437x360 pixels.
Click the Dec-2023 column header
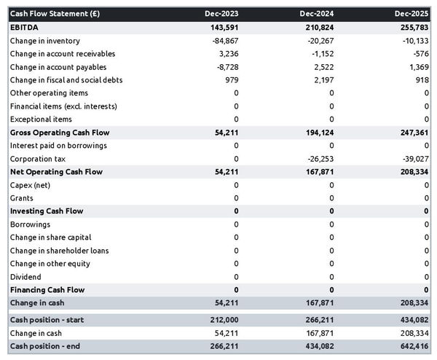pyautogui.click(x=222, y=14)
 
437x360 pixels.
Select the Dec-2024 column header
pyautogui.click(x=318, y=14)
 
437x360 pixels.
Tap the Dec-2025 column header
pyautogui.click(x=412, y=14)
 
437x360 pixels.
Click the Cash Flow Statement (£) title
pyautogui.click(x=54, y=14)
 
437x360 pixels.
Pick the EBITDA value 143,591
pyautogui.click(x=221, y=27)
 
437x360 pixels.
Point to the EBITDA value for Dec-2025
pyautogui.click(x=412, y=27)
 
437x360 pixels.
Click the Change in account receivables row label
pyautogui.click(x=63, y=53)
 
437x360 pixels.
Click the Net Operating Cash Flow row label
pyautogui.click(x=56, y=171)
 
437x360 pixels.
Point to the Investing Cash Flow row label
pyautogui.click(x=46, y=211)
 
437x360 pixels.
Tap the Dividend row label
pyautogui.click(x=25, y=276)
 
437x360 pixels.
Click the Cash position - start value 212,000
pyautogui.click(x=221, y=320)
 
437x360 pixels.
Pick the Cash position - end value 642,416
pyautogui.click(x=412, y=346)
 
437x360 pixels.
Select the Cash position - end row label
pyautogui.click(x=44, y=346)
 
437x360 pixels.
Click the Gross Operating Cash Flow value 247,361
pyautogui.click(x=412, y=133)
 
